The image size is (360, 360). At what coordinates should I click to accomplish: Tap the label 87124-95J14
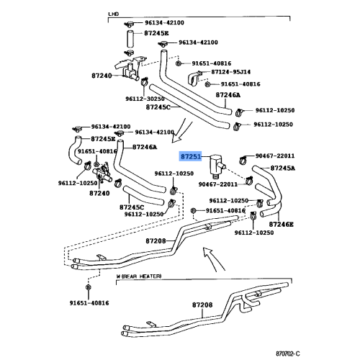(x=231, y=72)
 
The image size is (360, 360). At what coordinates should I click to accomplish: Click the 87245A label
(x=282, y=167)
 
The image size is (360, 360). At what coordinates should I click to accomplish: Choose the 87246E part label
(x=282, y=224)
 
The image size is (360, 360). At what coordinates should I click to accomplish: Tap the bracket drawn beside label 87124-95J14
(x=197, y=78)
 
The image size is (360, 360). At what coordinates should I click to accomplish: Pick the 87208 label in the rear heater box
(x=202, y=305)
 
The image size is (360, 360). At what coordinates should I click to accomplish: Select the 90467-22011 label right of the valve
(x=275, y=155)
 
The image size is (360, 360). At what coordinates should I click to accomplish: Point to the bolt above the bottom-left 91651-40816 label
(x=88, y=288)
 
